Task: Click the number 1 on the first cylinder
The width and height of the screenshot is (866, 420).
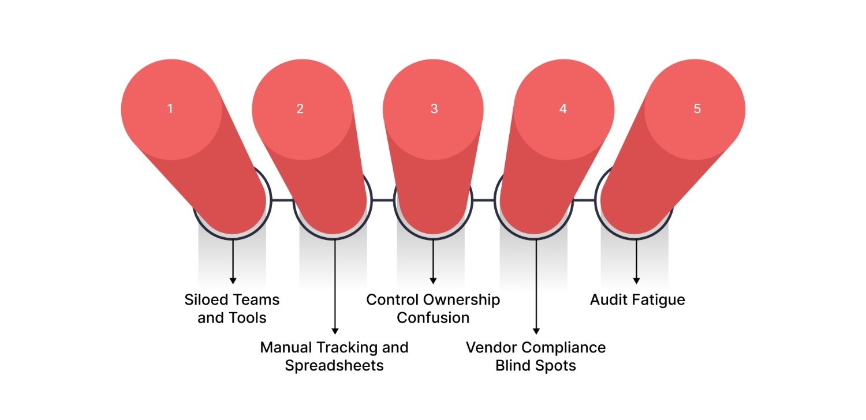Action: click(x=170, y=108)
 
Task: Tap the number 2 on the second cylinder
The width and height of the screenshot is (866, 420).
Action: click(x=300, y=108)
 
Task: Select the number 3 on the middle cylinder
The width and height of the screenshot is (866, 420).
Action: click(x=434, y=108)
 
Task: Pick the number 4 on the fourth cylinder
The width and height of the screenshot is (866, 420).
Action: click(x=563, y=108)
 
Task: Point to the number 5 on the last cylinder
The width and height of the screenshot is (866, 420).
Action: click(x=697, y=108)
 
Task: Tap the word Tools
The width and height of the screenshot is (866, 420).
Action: click(x=249, y=318)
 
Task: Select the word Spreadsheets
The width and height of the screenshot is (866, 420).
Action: click(x=334, y=366)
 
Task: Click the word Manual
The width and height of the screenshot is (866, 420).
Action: click(x=286, y=347)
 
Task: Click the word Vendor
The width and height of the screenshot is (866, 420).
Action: click(x=492, y=347)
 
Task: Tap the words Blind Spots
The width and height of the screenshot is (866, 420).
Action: click(x=536, y=366)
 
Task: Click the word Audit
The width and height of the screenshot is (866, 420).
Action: click(x=609, y=300)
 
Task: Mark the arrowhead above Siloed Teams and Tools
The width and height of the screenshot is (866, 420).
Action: click(x=233, y=280)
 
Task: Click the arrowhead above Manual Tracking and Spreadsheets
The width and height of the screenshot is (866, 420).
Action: click(x=335, y=331)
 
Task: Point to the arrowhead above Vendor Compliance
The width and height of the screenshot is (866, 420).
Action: click(x=536, y=331)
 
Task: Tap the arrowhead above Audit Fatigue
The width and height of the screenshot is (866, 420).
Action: click(x=637, y=280)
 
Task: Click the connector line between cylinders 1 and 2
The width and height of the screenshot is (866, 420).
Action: click(x=282, y=200)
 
